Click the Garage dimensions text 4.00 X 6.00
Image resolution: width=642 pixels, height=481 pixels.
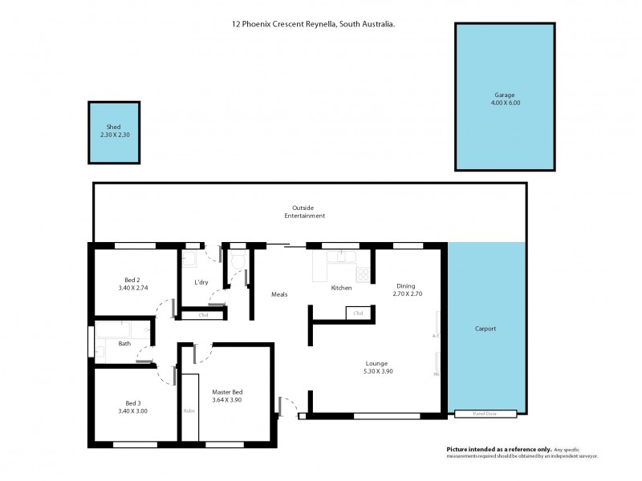click(x=505, y=103)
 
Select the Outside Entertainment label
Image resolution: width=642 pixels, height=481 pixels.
click(x=304, y=212)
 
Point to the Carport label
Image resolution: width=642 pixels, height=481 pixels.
click(x=485, y=329)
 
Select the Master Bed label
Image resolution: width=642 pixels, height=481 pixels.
click(x=226, y=390)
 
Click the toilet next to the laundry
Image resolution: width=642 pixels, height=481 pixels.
click(x=237, y=261)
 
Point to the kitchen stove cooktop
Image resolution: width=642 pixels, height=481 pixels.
click(x=364, y=273)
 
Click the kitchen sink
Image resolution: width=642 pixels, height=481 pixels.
click(x=343, y=257)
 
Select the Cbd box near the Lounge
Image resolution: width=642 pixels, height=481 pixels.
click(x=358, y=313)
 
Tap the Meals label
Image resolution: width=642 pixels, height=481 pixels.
click(x=280, y=293)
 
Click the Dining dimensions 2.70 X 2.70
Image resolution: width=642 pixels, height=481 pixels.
click(x=407, y=294)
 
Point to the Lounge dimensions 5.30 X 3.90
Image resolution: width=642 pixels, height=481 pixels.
click(x=376, y=371)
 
